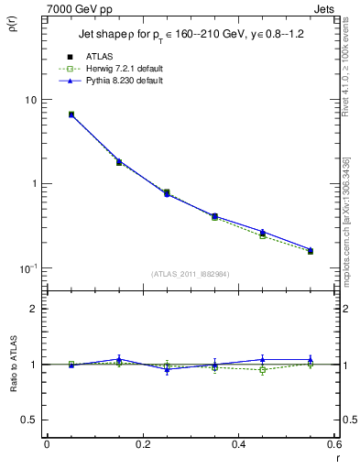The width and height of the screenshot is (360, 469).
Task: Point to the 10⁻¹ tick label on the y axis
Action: (x=27, y=267)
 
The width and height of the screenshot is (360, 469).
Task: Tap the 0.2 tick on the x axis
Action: (x=142, y=444)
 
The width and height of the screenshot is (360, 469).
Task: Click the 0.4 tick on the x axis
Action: (x=238, y=444)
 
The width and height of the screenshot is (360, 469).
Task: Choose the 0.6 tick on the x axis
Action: (x=333, y=444)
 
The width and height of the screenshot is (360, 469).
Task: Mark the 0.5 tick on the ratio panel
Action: (x=29, y=420)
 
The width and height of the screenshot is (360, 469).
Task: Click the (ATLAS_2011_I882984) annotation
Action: (x=191, y=274)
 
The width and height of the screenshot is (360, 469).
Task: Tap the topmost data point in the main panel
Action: (x=71, y=115)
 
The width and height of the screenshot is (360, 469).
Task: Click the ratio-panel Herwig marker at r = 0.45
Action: (x=262, y=370)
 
